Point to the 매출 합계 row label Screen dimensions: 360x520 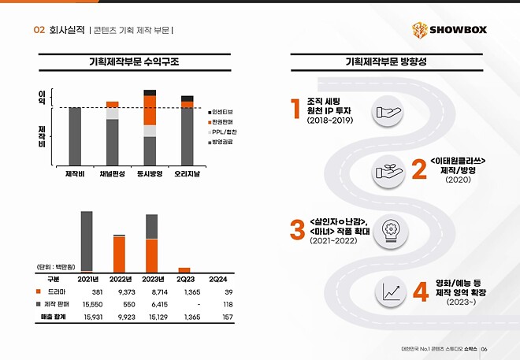(53, 317)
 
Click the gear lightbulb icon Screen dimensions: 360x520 (391, 229)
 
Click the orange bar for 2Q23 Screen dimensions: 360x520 (184, 269)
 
